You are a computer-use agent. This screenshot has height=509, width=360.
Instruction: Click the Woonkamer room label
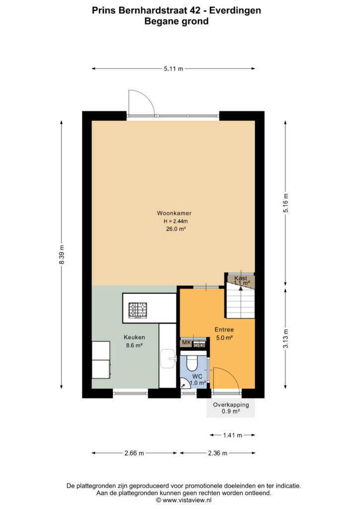pos(174,213)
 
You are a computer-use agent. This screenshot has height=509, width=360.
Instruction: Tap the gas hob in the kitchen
pos(138,310)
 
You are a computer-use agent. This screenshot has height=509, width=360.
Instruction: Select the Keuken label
pos(134,338)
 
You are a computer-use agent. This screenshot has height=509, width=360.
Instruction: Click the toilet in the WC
pos(192,363)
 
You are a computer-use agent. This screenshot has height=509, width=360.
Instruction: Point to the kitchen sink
pos(168,358)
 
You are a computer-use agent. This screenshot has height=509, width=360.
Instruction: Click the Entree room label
pos(224,330)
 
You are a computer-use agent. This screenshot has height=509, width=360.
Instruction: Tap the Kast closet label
pos(241,278)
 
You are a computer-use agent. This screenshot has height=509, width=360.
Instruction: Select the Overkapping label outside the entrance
pos(231,405)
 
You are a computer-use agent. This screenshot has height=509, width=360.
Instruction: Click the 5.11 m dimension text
pos(174,69)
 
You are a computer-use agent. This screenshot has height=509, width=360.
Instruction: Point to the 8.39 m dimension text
pos(62,254)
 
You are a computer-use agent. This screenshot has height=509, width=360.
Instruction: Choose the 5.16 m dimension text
pos(285,203)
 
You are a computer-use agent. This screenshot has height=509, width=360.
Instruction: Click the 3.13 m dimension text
pos(285,339)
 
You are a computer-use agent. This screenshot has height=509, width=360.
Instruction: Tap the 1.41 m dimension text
pos(232,435)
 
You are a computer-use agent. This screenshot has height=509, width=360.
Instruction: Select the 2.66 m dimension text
pos(134,453)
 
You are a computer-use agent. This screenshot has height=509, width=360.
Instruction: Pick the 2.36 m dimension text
pos(217,453)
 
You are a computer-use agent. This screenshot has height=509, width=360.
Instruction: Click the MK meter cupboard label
pos(186,342)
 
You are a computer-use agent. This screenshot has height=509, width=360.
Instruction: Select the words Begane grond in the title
pos(176,21)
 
